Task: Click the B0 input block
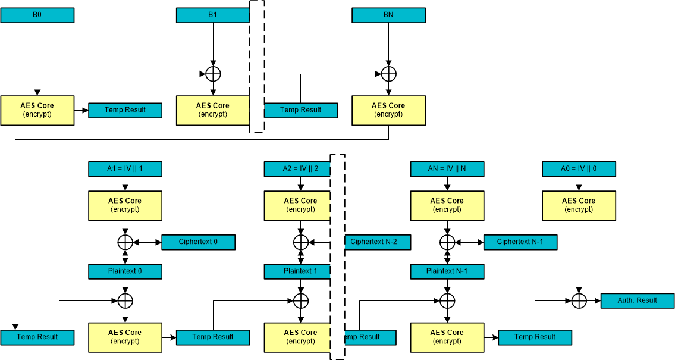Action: [37, 15]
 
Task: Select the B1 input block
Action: [213, 15]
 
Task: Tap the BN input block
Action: [388, 15]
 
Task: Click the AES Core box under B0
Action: [37, 110]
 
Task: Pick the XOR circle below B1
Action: [213, 74]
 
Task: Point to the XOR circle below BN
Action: [388, 74]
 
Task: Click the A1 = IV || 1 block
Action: [125, 169]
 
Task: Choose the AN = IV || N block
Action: [447, 169]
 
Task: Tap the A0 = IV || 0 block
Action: [579, 169]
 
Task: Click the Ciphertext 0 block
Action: [198, 242]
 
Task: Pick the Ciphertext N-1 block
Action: [520, 242]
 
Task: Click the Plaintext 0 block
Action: [125, 271]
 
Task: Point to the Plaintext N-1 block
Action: [447, 271]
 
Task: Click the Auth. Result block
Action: [637, 300]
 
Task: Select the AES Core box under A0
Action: [579, 205]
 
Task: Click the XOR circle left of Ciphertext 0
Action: [125, 242]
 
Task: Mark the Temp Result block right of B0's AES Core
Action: [125, 110]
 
